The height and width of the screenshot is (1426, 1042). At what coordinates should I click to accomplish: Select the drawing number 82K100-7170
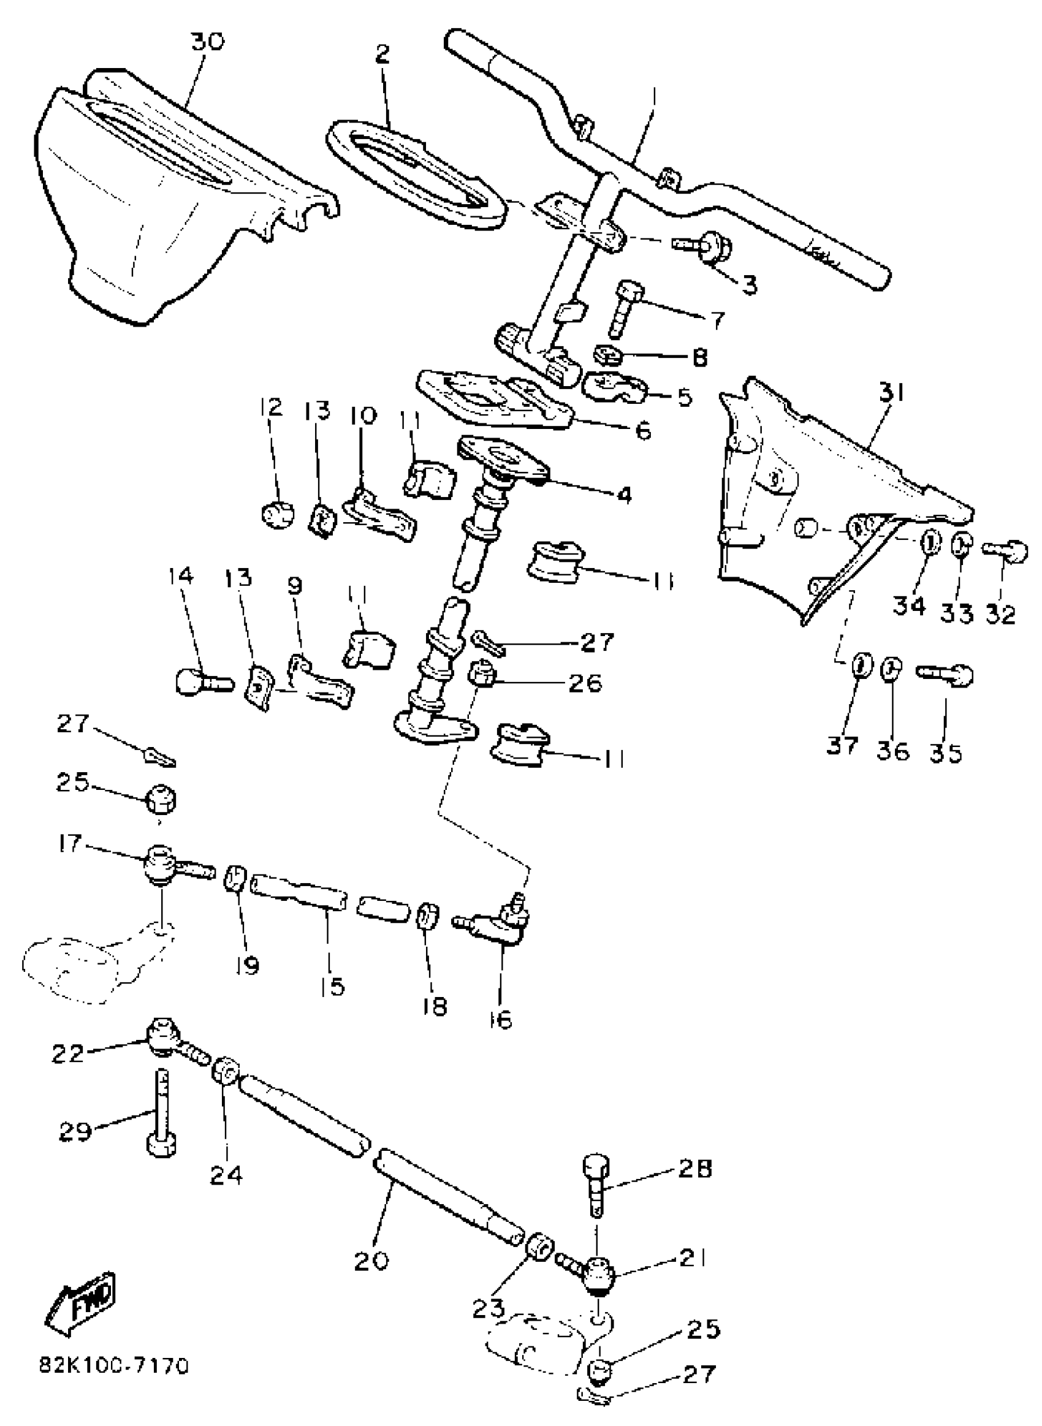coord(114,1366)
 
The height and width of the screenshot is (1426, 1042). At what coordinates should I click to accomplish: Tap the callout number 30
coord(208,43)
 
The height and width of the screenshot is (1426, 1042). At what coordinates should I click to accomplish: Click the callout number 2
coord(382,55)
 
